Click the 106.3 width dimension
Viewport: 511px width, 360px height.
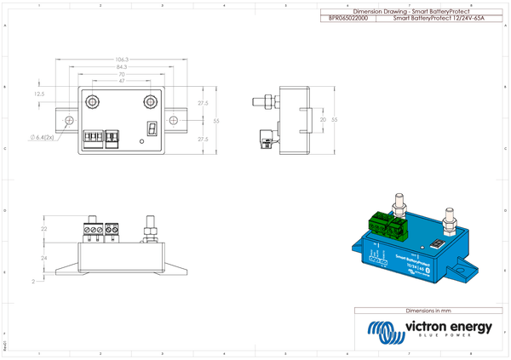[122, 59]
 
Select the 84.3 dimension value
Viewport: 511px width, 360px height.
[122, 66]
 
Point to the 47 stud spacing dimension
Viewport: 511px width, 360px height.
[122, 82]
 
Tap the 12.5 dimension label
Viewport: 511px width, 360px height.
[39, 94]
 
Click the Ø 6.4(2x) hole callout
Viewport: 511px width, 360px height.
[41, 135]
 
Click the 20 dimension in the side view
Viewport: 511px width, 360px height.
[322, 121]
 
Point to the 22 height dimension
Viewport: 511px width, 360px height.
[44, 230]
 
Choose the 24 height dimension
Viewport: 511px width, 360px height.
[44, 256]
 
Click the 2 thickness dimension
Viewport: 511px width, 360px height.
[33, 279]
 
